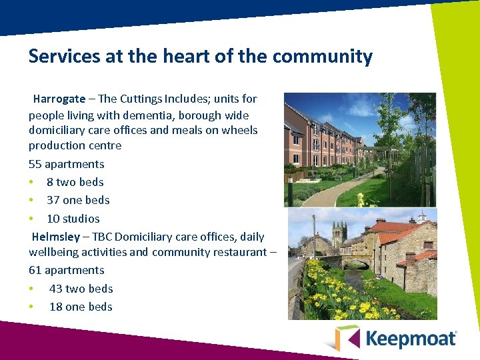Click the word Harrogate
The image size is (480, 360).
pos(59,99)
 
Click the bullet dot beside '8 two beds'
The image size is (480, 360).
pos(31,182)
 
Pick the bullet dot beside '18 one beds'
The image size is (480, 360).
pos(31,307)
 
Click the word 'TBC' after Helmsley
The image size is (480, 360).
pos(103,237)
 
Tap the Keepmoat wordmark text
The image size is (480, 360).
pos(411,338)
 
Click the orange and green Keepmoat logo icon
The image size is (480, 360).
pos(347,338)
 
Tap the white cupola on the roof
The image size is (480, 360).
pos(422,217)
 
